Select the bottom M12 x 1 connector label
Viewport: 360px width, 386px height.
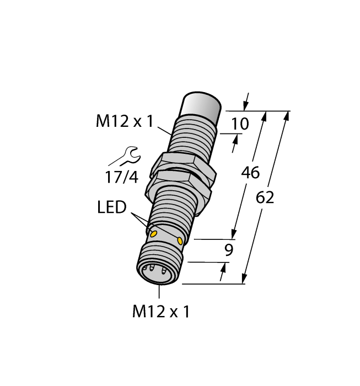[x=160, y=312]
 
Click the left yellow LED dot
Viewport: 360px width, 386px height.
[x=154, y=234]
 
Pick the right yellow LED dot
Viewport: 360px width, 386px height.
[x=181, y=240]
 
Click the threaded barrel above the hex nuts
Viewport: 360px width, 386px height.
[x=191, y=137]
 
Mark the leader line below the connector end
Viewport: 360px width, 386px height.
[x=159, y=293]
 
